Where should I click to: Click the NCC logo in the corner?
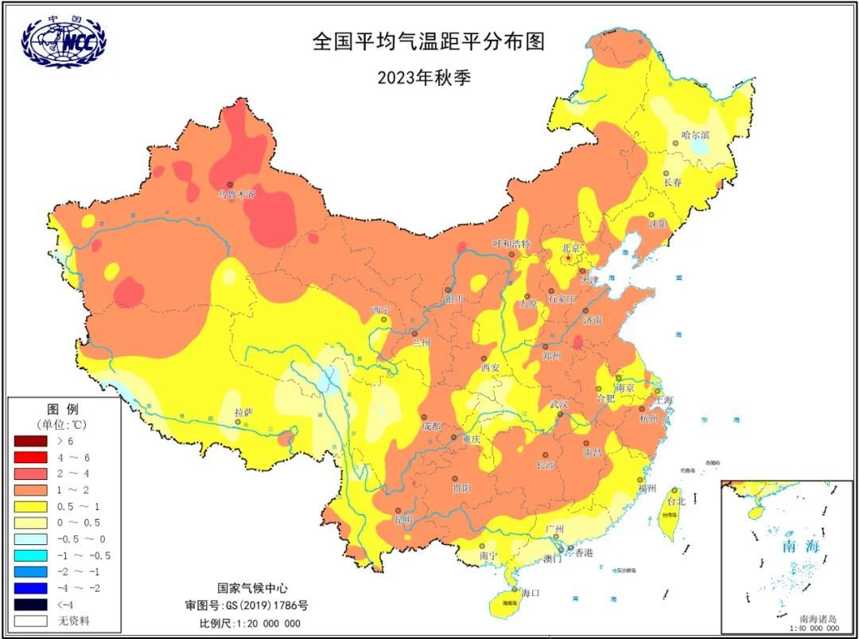pos(64,41)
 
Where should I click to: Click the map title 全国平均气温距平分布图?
pos(429,41)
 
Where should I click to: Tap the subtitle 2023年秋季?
pos(429,77)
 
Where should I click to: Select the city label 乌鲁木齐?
pos(237,194)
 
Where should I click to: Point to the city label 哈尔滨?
pos(695,135)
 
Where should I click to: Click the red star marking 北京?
pos(569,259)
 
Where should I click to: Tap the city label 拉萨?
pos(243,412)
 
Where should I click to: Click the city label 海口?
pos(531,593)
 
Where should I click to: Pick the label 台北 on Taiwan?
pos(675,502)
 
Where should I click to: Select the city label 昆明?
pos(404,520)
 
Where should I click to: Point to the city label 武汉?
pos(559,404)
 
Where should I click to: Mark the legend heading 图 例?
pos(64,408)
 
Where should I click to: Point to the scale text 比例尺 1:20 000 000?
pos(250,623)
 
